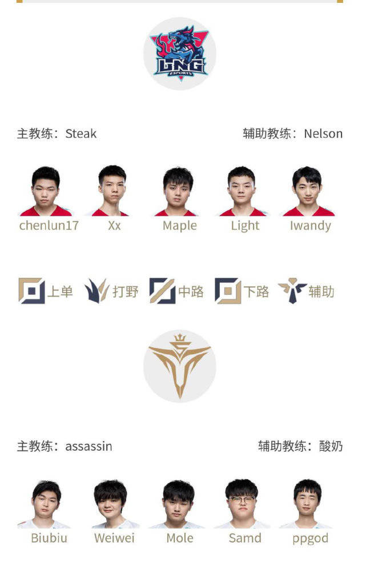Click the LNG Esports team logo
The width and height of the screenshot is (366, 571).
point(179,54)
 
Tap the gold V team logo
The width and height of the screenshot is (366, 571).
point(179,366)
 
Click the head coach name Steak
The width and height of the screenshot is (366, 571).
point(81,134)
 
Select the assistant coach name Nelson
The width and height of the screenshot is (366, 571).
point(323,134)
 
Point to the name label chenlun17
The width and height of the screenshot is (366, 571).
point(49,226)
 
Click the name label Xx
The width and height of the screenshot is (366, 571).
point(114,226)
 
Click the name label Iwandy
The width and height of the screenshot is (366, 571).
point(310,226)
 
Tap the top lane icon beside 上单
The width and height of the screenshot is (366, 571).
point(31,291)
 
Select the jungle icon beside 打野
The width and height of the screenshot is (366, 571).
point(96,291)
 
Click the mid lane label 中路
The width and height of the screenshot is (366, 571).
point(191,292)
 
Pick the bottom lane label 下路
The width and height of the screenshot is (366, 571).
point(256,292)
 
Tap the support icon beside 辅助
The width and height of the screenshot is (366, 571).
point(292,291)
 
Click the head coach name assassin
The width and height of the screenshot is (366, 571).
point(89,447)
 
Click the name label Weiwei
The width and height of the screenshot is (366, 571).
point(114,538)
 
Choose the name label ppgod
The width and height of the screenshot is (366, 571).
point(310,538)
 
